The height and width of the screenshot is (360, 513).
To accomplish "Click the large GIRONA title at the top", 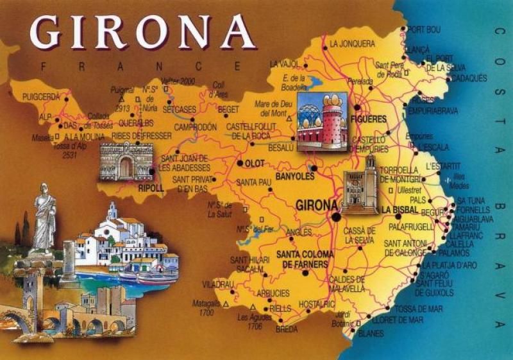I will (142, 31).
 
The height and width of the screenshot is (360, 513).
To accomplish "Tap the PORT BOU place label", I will (424, 30).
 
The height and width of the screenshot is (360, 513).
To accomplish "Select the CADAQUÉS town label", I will (467, 78).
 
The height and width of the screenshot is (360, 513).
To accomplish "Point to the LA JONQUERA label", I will (352, 44).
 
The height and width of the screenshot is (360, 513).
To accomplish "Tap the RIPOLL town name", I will (151, 188).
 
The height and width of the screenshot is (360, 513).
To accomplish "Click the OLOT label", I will (255, 164).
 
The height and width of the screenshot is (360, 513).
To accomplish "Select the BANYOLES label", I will (294, 176).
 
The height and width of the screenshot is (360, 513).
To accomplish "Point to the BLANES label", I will (371, 334).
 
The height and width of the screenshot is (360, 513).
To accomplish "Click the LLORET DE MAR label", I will (398, 320).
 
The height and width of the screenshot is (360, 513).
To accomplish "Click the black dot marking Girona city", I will (336, 217).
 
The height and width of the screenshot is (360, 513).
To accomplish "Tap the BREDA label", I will (286, 330).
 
